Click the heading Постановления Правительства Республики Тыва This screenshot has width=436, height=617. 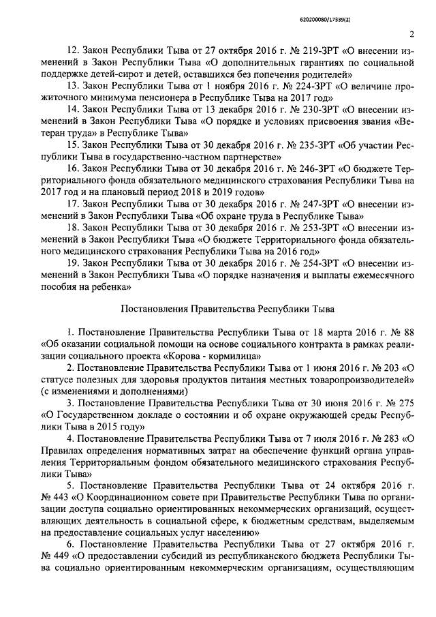pyautogui.click(x=228, y=309)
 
